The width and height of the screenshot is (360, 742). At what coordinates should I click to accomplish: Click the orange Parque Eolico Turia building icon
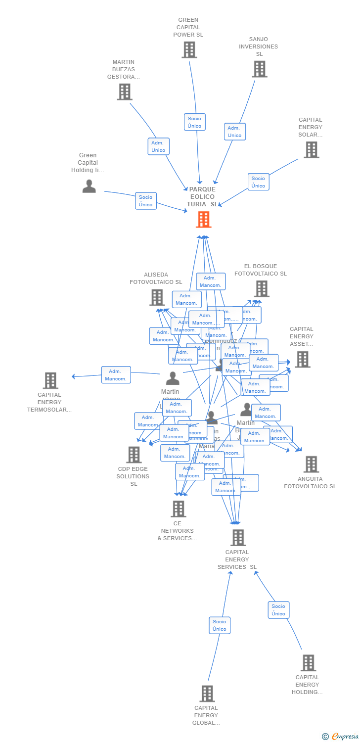[x=203, y=220]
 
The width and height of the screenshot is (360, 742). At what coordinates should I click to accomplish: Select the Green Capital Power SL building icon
[x=189, y=50]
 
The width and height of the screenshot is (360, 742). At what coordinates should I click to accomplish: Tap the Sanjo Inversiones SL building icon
[x=259, y=69]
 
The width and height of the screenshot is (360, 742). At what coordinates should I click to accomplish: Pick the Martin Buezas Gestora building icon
[x=124, y=92]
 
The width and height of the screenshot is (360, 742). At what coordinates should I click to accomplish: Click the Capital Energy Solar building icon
[x=311, y=149]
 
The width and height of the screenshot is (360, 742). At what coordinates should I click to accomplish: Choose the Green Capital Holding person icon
[x=89, y=186]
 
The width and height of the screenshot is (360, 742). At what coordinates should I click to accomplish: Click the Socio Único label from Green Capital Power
[x=194, y=122]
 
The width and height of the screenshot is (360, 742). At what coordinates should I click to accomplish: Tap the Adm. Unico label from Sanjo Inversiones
[x=234, y=132]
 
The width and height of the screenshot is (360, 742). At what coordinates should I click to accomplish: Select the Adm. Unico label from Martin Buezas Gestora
[x=158, y=146]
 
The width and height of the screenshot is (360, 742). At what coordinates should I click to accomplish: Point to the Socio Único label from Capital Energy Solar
[x=258, y=182]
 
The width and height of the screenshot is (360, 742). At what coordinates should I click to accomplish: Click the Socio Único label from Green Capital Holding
[x=145, y=201]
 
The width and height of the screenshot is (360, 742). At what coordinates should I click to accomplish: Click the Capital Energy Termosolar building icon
[x=50, y=380]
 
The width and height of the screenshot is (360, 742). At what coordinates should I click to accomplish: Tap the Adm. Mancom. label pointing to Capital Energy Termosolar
[x=116, y=375]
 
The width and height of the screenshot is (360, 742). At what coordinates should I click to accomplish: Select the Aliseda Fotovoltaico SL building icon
[x=157, y=297]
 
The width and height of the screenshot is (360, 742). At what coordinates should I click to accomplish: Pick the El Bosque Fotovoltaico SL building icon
[x=261, y=288]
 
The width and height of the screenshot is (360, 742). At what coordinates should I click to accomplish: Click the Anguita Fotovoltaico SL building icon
[x=311, y=464]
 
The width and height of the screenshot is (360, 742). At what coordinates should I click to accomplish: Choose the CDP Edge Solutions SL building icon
[x=134, y=455]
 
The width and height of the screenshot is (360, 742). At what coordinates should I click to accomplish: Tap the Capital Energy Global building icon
[x=207, y=694]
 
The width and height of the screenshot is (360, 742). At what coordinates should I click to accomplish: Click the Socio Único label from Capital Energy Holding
[x=278, y=610]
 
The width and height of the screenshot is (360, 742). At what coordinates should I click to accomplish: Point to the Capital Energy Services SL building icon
[x=238, y=538]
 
